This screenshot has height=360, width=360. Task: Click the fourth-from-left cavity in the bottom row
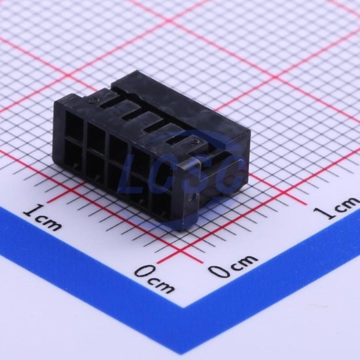[x=139, y=193]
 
